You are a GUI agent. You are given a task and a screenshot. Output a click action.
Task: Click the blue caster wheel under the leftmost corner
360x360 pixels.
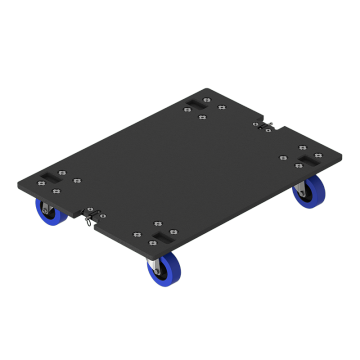48,211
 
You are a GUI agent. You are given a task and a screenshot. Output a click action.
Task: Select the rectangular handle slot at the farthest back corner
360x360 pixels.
194,104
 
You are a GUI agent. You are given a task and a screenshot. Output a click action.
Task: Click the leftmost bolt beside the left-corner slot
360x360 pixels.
41,183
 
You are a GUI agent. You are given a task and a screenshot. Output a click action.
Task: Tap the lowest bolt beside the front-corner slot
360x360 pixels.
152,243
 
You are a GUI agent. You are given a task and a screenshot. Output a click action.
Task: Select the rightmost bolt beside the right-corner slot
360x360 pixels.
318,155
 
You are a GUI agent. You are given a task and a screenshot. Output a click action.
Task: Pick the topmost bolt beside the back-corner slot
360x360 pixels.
207,99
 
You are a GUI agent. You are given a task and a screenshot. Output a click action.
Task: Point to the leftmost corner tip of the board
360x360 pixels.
18,184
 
